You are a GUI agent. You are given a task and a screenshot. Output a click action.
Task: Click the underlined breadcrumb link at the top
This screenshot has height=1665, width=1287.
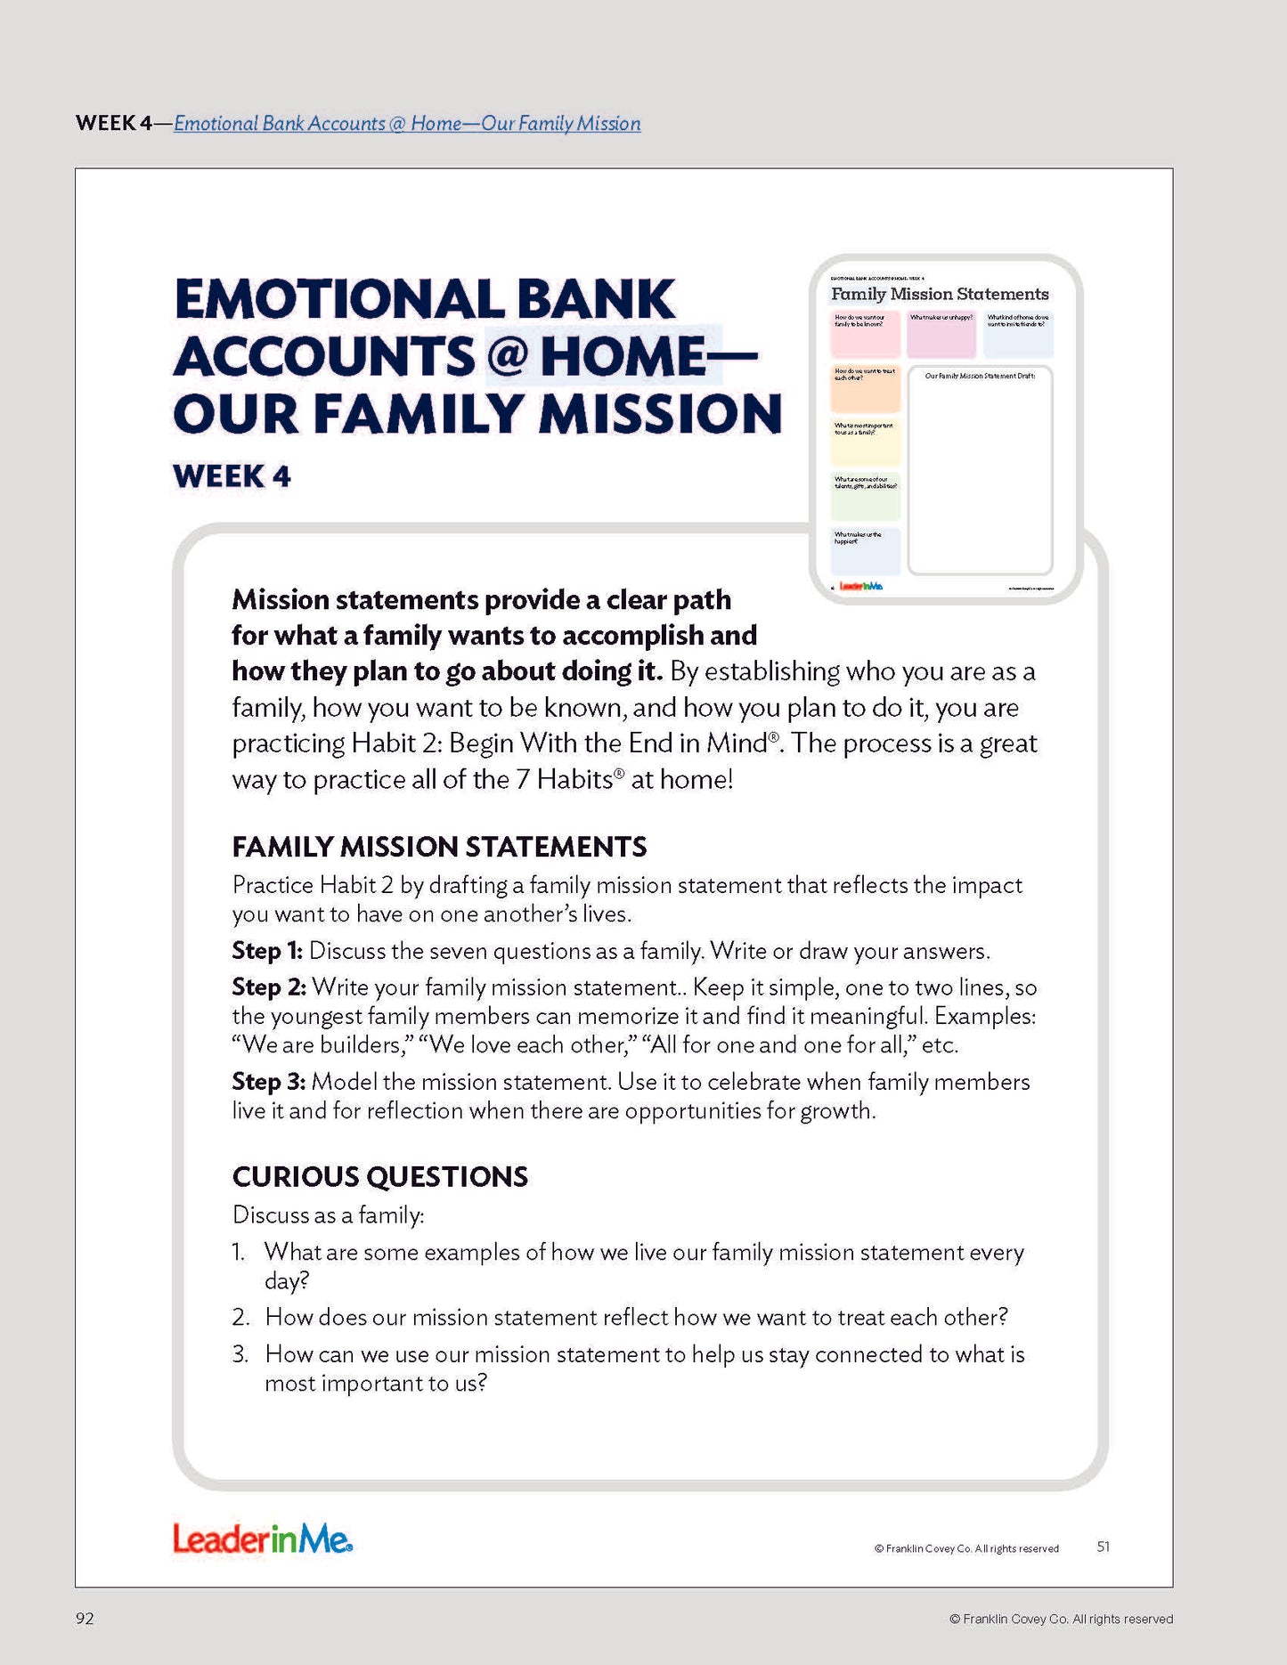(x=407, y=124)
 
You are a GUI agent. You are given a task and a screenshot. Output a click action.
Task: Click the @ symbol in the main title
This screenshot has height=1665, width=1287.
(x=507, y=357)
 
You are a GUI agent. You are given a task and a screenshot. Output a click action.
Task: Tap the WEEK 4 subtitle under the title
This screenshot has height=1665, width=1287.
(x=232, y=476)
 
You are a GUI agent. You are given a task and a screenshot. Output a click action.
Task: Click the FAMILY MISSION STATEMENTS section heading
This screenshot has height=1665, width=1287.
(x=439, y=847)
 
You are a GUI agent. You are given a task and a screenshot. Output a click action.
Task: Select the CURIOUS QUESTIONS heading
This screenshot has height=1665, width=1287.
(x=379, y=1177)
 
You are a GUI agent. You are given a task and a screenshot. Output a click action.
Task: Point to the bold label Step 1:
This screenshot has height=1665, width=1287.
(x=267, y=951)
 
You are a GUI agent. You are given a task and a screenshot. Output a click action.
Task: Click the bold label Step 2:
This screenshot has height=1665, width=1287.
(x=269, y=987)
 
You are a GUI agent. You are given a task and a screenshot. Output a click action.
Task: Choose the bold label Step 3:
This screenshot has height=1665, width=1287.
(x=269, y=1082)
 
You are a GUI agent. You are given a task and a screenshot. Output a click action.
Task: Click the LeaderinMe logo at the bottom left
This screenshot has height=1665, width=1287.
(x=263, y=1539)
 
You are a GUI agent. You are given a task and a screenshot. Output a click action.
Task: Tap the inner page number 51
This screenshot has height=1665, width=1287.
(x=1103, y=1547)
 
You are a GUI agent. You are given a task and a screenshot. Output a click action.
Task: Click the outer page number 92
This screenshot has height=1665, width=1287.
(x=85, y=1619)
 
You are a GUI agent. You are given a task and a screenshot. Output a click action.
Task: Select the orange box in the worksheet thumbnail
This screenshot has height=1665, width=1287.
(x=865, y=388)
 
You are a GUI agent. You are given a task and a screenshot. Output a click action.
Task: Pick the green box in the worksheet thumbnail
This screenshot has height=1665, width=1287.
(x=865, y=498)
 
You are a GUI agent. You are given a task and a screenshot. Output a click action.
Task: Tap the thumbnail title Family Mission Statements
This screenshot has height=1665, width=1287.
(x=940, y=294)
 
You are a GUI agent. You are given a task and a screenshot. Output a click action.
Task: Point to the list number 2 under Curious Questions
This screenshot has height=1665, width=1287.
(x=240, y=1318)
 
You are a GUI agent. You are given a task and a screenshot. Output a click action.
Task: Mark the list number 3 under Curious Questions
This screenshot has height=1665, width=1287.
(x=240, y=1355)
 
